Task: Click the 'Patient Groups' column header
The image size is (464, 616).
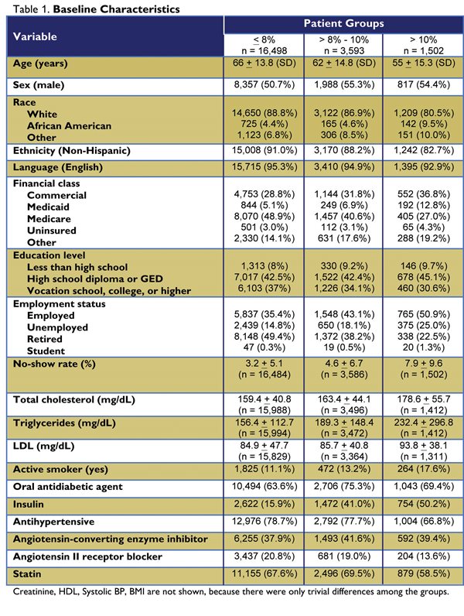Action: tap(343, 24)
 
